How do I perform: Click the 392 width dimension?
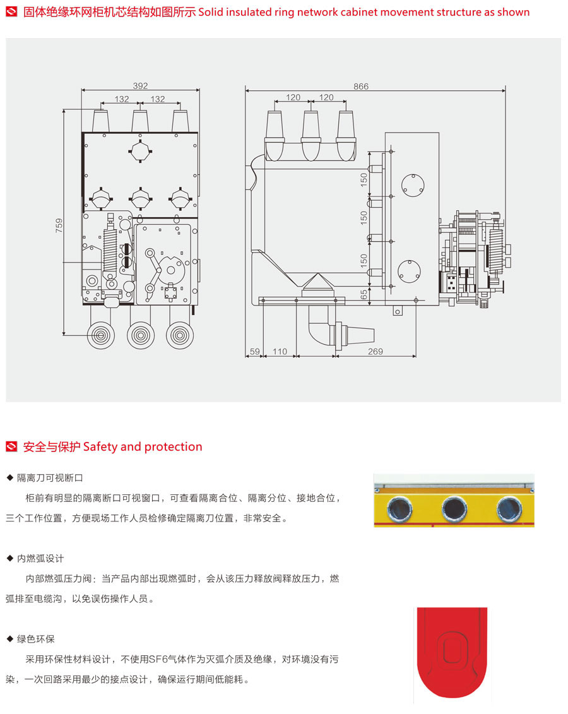click(140, 86)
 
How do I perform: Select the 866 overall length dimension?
click(361, 86)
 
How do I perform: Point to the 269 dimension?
click(376, 352)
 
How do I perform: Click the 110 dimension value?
click(280, 352)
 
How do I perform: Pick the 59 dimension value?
click(254, 352)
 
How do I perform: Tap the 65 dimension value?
click(364, 295)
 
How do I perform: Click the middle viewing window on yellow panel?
click(454, 507)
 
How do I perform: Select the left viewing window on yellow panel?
click(399, 507)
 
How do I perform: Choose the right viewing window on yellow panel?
click(509, 507)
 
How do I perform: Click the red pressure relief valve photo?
click(452, 654)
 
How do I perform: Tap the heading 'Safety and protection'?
click(143, 447)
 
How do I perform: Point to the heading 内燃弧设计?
click(40, 559)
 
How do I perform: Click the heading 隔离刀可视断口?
click(50, 478)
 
